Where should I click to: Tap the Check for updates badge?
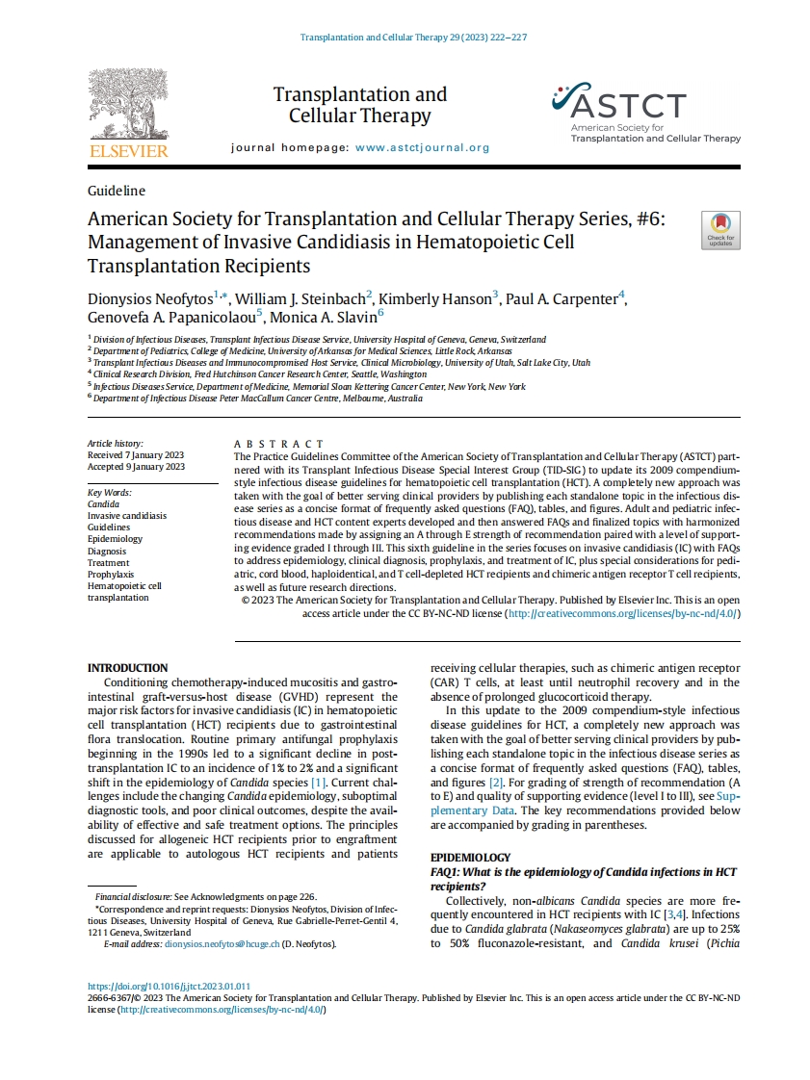point(720,231)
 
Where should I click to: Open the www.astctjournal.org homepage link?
point(422,148)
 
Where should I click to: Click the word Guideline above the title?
point(117,191)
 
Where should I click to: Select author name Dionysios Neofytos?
point(149,299)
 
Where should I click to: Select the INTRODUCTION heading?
point(127,668)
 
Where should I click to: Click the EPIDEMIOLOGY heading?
point(470,858)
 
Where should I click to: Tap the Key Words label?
point(108,492)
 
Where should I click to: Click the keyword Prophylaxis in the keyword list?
point(111,574)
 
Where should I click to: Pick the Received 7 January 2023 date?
point(136,454)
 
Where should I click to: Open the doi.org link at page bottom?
point(169,987)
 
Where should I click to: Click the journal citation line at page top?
point(413,38)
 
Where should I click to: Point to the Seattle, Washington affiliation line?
point(260,374)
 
